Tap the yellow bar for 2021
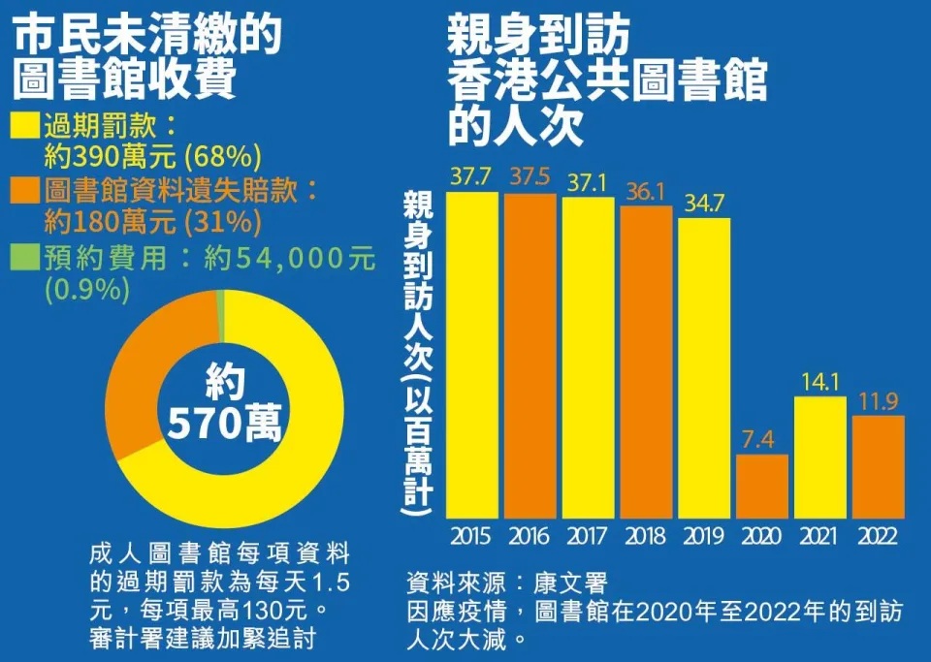tap(820, 457)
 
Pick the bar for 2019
tap(704, 368)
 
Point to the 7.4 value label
tap(762, 439)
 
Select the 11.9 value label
tap(879, 400)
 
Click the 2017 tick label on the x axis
tap(588, 536)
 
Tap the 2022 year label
tap(879, 536)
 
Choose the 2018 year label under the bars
tap(646, 536)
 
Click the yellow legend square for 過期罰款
tap(27, 127)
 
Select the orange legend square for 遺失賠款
tap(27, 192)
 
